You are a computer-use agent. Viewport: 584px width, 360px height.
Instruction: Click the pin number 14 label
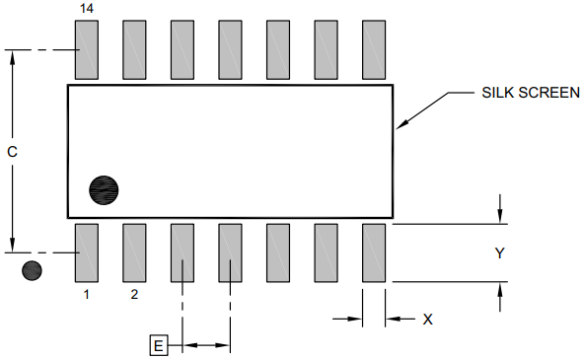click(x=86, y=8)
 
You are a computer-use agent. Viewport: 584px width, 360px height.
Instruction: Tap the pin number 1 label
click(x=86, y=294)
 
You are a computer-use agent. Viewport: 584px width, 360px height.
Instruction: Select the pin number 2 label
click(x=134, y=294)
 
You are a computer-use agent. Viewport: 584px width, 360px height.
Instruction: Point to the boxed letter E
click(x=159, y=345)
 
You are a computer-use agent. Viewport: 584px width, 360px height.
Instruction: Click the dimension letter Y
click(x=500, y=253)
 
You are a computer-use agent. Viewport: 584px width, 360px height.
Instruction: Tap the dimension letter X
click(x=427, y=319)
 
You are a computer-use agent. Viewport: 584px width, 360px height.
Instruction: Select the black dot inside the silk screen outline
click(x=104, y=189)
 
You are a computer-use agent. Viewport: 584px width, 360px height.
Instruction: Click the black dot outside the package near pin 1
click(x=33, y=269)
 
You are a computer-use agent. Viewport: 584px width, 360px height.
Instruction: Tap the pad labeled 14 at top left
click(x=87, y=49)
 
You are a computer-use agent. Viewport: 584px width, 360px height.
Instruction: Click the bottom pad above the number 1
click(x=87, y=253)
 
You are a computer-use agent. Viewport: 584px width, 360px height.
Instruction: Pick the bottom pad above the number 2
click(x=134, y=253)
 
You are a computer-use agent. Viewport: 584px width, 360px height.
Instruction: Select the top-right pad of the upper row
click(x=374, y=49)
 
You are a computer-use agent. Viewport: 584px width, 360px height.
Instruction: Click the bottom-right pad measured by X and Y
click(x=374, y=253)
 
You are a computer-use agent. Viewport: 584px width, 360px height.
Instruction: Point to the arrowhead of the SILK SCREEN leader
click(x=399, y=126)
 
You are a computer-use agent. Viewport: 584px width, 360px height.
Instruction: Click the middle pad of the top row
click(x=230, y=49)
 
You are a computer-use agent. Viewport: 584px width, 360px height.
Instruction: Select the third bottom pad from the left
click(x=182, y=253)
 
